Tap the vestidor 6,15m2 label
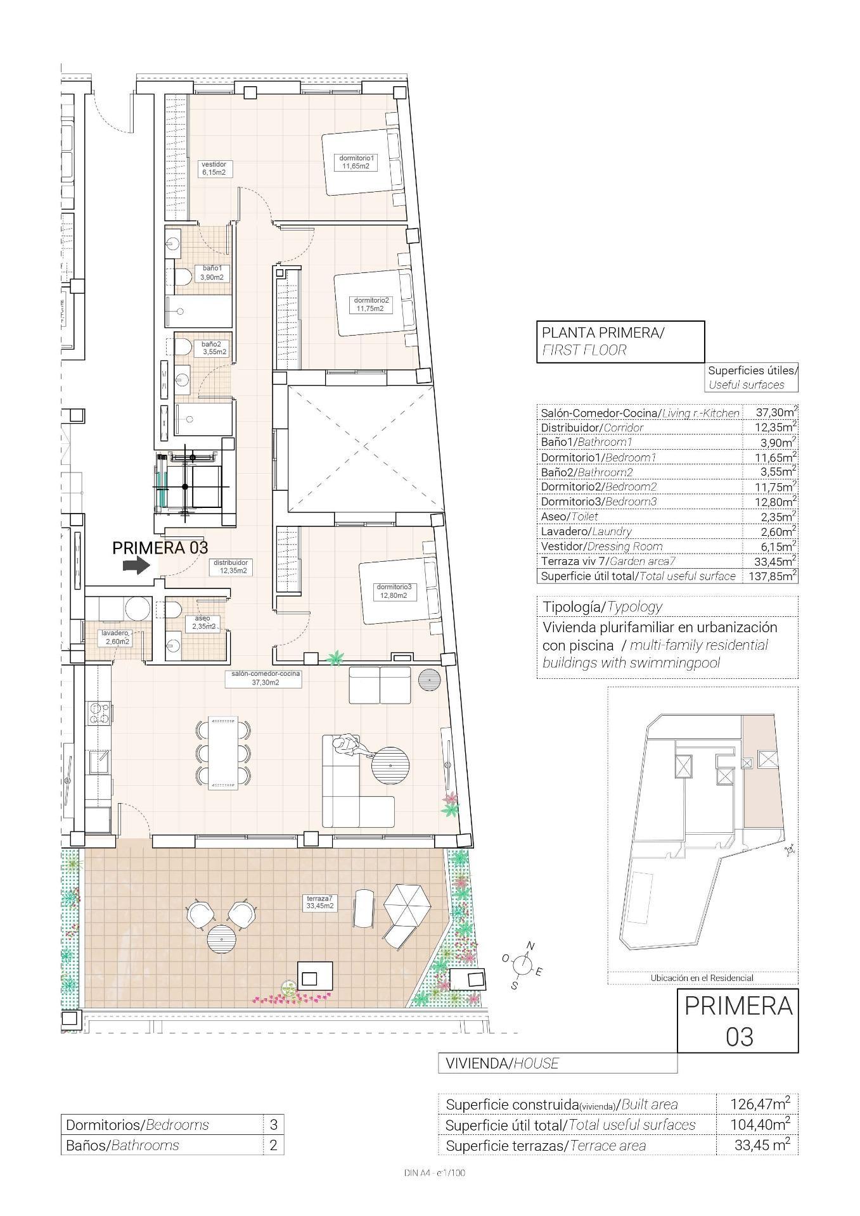click(x=214, y=168)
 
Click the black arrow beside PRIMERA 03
click(x=134, y=566)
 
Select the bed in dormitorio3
click(x=398, y=592)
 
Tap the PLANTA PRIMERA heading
click(x=601, y=332)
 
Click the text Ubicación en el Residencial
click(x=702, y=978)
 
